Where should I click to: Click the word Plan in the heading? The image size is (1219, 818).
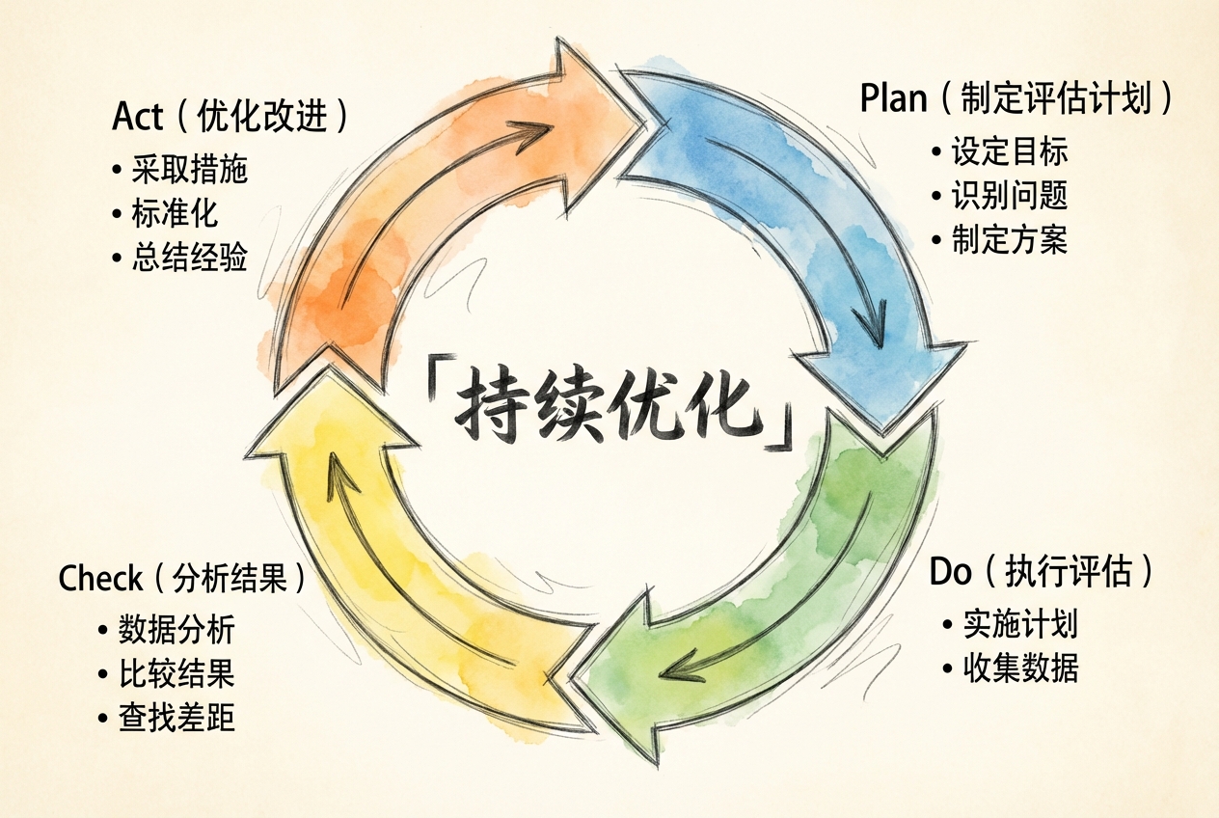tap(892, 99)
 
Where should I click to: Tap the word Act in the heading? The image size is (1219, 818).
tap(138, 117)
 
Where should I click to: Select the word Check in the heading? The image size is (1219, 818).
tap(100, 579)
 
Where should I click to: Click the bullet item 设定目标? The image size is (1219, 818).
tap(1010, 152)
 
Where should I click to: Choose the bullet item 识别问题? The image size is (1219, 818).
tap(1010, 196)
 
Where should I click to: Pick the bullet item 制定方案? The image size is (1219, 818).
tap(1010, 239)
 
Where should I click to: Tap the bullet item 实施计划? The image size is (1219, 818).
tap(1020, 624)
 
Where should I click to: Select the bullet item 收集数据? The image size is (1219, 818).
tap(1020, 668)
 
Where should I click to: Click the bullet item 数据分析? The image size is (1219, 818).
tap(176, 630)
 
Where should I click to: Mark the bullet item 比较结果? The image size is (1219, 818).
tap(176, 673)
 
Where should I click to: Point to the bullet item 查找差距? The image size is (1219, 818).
tap(176, 718)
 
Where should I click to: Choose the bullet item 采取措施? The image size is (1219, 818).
tap(190, 170)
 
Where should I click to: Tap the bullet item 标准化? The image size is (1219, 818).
tap(176, 214)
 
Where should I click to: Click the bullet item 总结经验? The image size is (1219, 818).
tap(190, 258)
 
